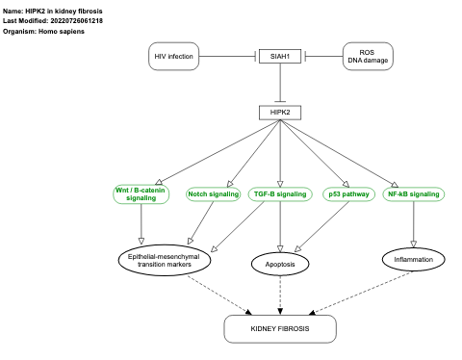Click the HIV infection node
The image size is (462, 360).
tap(175, 58)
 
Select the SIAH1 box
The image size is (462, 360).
tap(280, 58)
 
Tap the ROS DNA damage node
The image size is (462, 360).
tap(371, 58)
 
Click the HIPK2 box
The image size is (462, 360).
tap(280, 114)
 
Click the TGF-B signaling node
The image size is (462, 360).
tap(280, 193)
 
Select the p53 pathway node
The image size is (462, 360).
tap(348, 193)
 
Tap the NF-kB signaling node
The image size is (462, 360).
tap(413, 193)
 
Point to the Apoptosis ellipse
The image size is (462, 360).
tap(280, 263)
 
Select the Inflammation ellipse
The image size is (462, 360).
tap(414, 259)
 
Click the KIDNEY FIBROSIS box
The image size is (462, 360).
tap(280, 329)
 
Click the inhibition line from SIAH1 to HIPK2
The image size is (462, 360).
tap(280, 85)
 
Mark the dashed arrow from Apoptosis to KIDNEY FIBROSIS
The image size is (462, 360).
tap(280, 294)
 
